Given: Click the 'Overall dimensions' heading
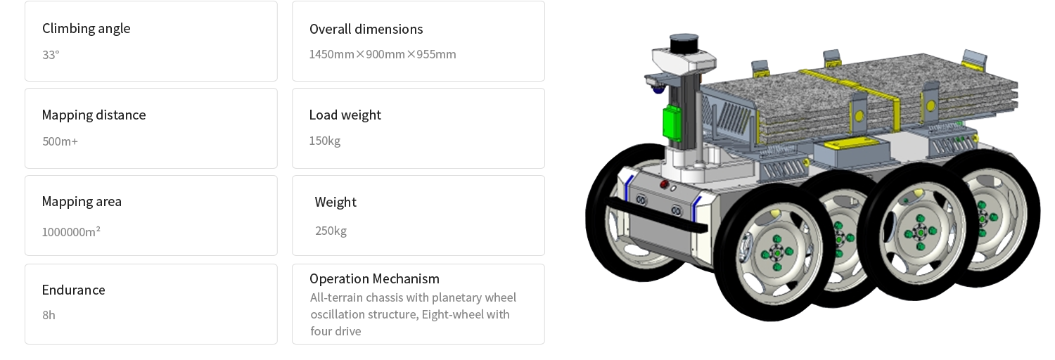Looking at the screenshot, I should click(366, 29).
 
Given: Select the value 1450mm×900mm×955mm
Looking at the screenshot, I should click(382, 54).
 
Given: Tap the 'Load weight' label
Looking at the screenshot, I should click(345, 115).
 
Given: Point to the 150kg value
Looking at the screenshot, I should click(324, 141).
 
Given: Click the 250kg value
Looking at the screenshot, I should click(331, 231).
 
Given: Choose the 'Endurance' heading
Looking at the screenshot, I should click(73, 290).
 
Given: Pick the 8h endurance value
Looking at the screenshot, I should click(49, 315).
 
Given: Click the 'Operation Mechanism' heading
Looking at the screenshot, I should click(374, 278).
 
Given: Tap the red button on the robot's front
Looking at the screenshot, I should click(663, 185).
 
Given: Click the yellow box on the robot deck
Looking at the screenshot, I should click(845, 146).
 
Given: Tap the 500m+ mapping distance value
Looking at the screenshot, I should click(60, 141).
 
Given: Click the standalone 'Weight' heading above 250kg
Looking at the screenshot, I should click(335, 202).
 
